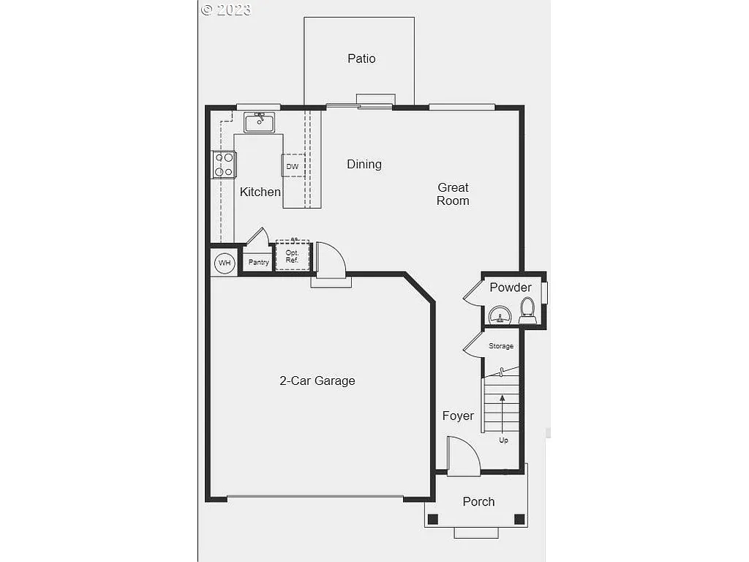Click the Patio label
click(361, 59)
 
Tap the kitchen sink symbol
click(259, 122)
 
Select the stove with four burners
click(224, 165)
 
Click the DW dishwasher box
click(293, 166)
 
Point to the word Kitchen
click(260, 192)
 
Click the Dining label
click(364, 165)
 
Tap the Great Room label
click(453, 194)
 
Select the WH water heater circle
click(224, 263)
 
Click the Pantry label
click(259, 263)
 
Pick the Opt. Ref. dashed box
click(293, 256)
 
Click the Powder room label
click(511, 288)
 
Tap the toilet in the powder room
click(527, 310)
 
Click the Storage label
click(501, 346)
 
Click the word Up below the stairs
click(503, 441)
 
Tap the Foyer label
click(458, 416)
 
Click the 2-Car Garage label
click(317, 381)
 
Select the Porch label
click(478, 502)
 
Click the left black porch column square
click(433, 520)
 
